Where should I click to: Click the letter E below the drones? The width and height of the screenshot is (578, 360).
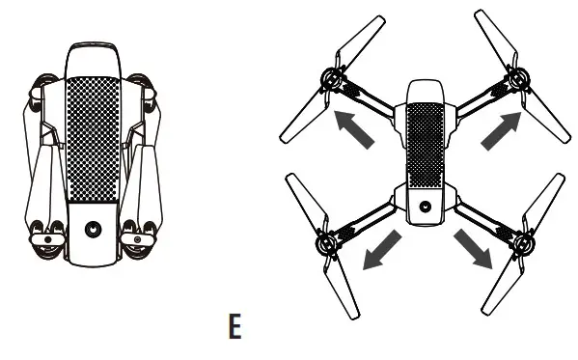[234, 325]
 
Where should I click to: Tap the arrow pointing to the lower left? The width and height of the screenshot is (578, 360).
[370, 252]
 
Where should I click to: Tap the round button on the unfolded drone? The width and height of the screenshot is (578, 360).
[423, 205]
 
